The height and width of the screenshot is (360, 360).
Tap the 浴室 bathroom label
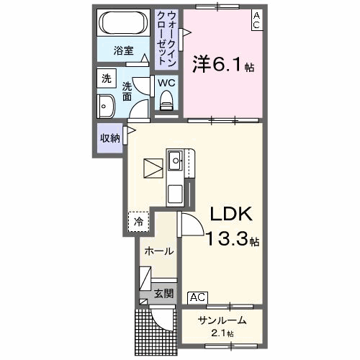(124, 50)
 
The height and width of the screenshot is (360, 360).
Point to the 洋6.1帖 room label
(223, 66)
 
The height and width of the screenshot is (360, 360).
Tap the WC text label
(166, 83)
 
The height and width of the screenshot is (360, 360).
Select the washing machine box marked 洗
(107, 78)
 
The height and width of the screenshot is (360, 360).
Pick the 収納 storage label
(109, 137)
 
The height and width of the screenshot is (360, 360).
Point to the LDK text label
(229, 214)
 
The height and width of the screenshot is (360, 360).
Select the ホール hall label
(158, 251)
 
